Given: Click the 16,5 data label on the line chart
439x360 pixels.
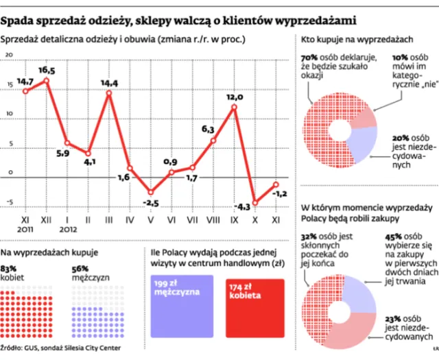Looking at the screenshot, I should pos(47,70).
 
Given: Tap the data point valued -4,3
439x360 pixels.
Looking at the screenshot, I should pos(255,202).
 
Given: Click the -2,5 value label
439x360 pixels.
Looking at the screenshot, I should pos(150,202).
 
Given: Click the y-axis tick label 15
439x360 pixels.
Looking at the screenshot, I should pos(10,86).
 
